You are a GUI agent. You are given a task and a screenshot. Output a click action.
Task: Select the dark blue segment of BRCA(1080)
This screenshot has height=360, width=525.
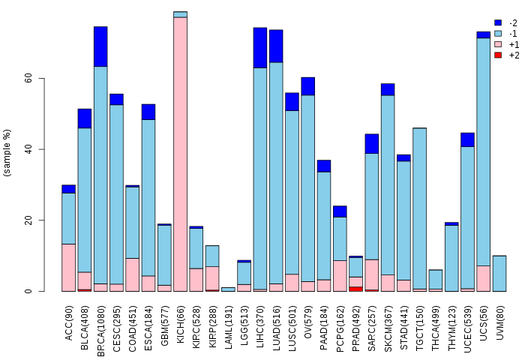[100, 46]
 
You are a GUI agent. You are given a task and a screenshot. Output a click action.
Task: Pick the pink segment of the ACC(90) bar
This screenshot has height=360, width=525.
[68, 267]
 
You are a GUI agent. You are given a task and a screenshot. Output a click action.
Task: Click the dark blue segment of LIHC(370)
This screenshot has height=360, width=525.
[260, 47]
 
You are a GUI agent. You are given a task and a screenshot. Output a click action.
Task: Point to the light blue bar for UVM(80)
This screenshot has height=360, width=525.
[499, 273]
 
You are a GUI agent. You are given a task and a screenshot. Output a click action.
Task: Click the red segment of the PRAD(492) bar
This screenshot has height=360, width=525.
[355, 289]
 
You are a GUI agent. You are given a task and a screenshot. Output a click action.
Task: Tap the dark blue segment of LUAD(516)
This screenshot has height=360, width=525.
[276, 46]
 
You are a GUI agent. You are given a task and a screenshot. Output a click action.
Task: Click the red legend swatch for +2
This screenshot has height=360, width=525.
[497, 55]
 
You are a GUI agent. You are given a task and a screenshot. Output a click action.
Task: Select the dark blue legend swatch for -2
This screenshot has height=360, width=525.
[497, 22]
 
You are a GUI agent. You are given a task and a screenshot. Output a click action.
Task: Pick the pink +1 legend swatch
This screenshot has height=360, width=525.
[497, 44]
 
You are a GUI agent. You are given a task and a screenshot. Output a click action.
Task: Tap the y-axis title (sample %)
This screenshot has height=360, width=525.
[7, 153]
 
